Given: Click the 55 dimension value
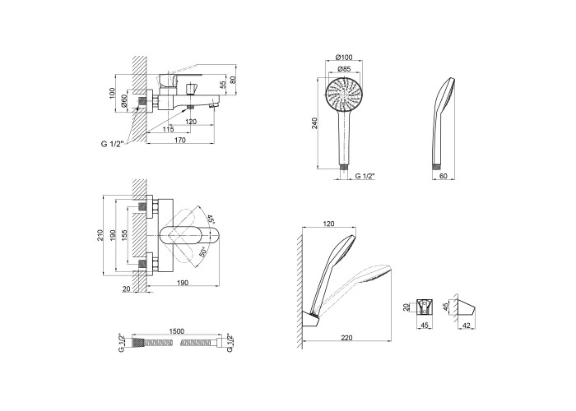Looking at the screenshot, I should pyautogui.click(x=223, y=85).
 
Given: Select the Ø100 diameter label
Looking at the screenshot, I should pyautogui.click(x=345, y=57).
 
